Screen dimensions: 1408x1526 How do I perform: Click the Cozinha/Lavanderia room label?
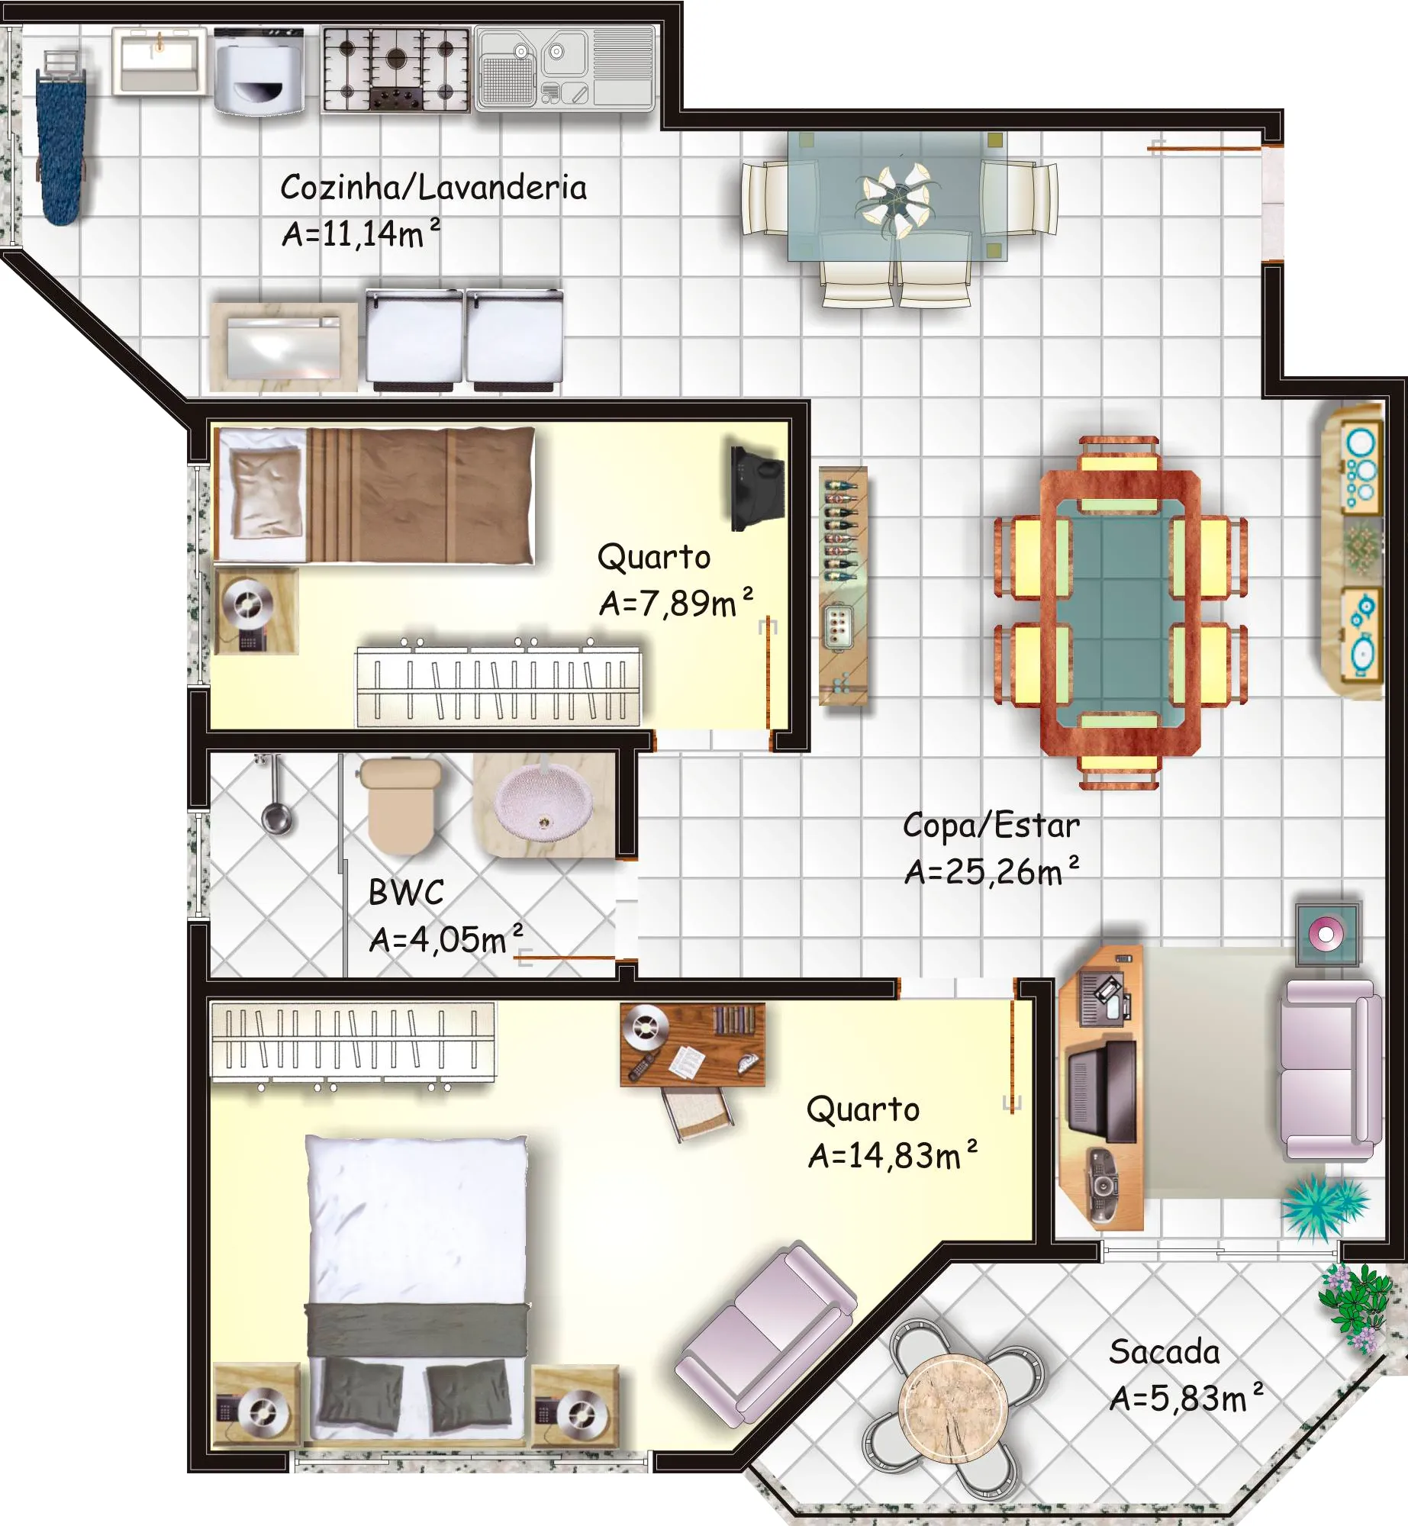[x=433, y=188]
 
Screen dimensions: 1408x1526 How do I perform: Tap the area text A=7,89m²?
[x=676, y=603]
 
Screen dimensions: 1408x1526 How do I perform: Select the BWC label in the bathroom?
[x=406, y=892]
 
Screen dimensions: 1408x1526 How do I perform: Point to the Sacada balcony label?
[x=1165, y=1351]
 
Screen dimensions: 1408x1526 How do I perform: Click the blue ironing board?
[x=60, y=145]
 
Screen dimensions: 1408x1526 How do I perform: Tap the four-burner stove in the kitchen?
[x=395, y=70]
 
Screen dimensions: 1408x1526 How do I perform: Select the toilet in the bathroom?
[x=401, y=806]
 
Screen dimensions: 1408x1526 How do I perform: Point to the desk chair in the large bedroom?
[x=698, y=1114]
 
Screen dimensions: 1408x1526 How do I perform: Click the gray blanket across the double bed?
[x=417, y=1329]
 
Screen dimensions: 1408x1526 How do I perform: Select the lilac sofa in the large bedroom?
[x=765, y=1335]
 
